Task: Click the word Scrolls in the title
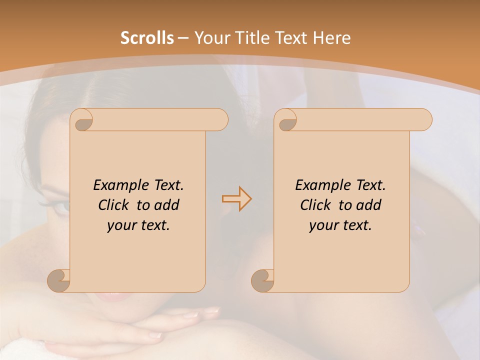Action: pyautogui.click(x=147, y=38)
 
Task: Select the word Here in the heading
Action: pyautogui.click(x=332, y=38)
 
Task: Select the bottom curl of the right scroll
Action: pyautogui.click(x=262, y=280)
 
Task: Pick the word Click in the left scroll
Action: pyautogui.click(x=116, y=205)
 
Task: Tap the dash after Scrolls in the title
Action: pyautogui.click(x=183, y=38)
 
